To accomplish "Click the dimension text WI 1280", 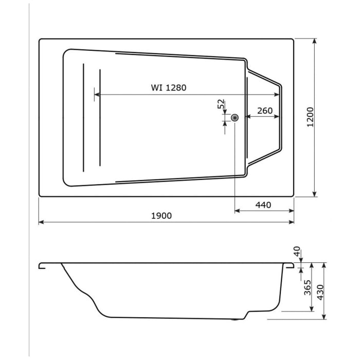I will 169,88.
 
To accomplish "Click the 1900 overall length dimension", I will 161,216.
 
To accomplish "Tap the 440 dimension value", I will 263,205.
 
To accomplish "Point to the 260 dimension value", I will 264,111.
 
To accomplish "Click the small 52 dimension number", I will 221,104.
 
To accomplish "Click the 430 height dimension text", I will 320,291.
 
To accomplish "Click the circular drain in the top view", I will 235,118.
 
